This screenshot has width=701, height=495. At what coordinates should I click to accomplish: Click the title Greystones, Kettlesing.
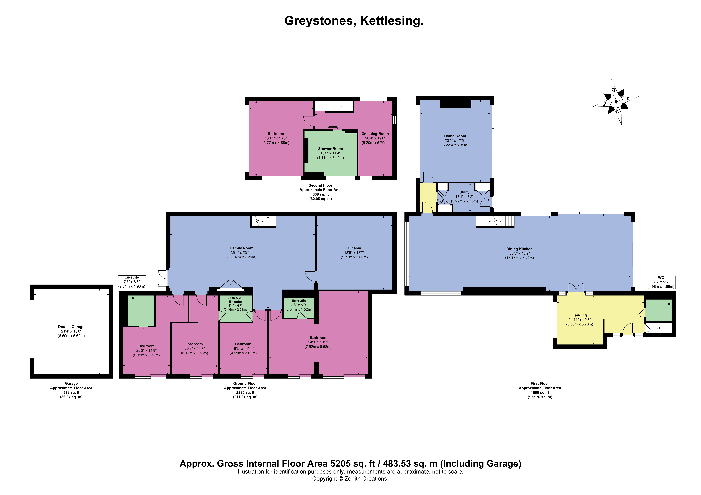coord(354,21)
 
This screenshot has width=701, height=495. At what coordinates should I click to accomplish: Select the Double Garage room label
coord(71,331)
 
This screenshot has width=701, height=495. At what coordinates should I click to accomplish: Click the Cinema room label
coord(354,253)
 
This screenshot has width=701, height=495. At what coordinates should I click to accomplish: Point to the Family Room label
coord(242,253)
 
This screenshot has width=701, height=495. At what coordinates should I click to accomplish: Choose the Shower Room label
coord(330,153)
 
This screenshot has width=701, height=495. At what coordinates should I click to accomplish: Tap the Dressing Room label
coord(375,138)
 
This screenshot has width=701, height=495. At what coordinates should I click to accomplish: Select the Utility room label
coord(464,197)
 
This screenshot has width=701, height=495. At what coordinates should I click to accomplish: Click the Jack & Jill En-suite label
coord(235,304)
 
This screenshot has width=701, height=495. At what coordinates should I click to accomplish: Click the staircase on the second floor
coord(334,106)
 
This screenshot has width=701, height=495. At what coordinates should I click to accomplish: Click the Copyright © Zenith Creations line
coord(350,479)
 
